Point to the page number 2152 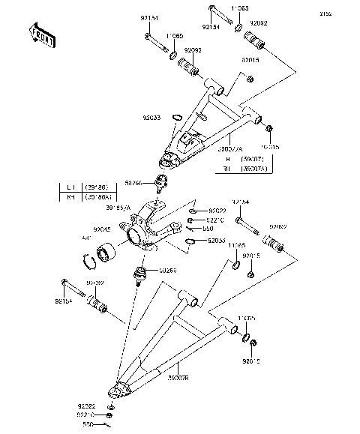[346, 13]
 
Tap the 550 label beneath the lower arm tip [86, 424]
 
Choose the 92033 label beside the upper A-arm [153, 117]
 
